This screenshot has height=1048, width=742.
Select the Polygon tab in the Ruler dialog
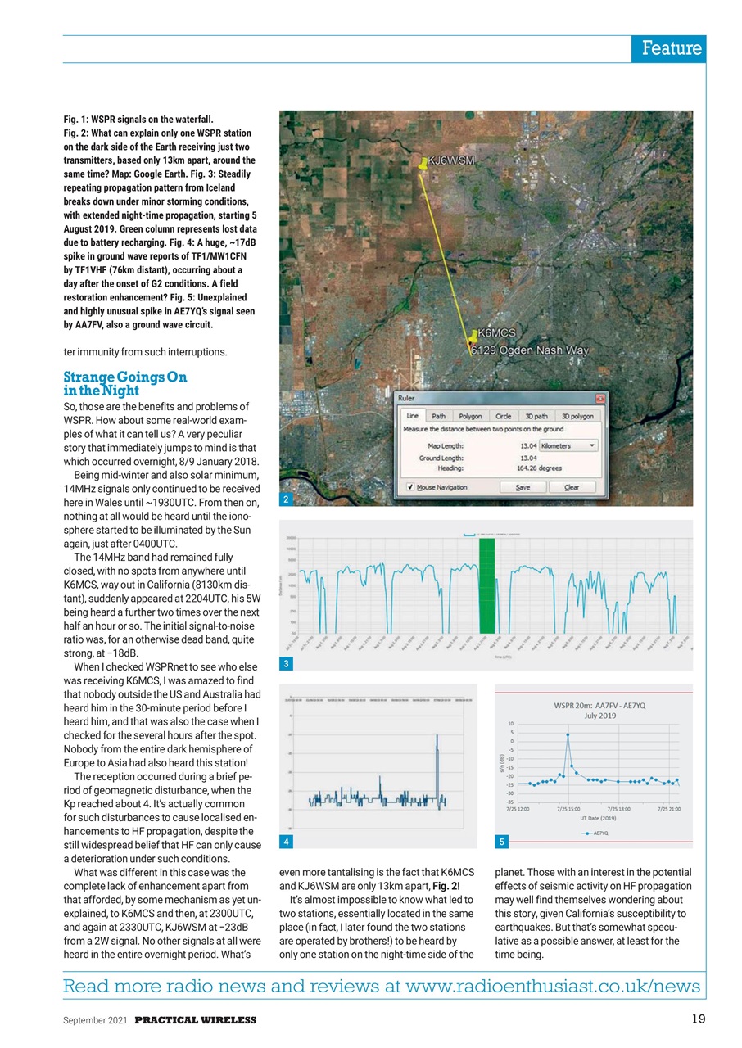(x=470, y=416)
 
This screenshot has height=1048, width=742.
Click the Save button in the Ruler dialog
(x=523, y=487)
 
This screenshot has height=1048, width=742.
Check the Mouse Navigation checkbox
(x=409, y=487)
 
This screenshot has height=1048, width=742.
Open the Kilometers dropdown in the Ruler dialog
(x=568, y=446)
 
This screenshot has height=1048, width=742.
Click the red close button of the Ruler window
(x=601, y=398)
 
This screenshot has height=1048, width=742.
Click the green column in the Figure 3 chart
(x=487, y=585)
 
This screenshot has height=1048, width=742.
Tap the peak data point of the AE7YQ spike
(x=568, y=735)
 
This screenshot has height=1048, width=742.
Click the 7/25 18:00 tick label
(x=618, y=809)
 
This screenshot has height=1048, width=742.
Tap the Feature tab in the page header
(x=670, y=48)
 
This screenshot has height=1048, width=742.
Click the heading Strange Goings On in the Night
(x=125, y=384)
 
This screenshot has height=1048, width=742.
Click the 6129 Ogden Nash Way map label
(x=532, y=350)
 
